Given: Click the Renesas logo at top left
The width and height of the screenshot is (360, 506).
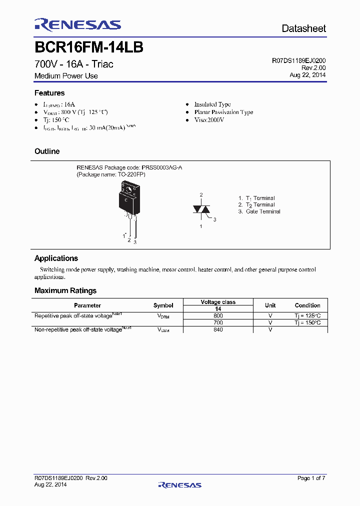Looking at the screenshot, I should click(x=77, y=25).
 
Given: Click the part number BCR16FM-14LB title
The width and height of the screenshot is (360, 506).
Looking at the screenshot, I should click(x=89, y=47).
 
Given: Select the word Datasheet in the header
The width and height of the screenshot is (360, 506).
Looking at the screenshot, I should click(x=303, y=28).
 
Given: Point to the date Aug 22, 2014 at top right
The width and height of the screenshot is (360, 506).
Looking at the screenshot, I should click(x=307, y=74).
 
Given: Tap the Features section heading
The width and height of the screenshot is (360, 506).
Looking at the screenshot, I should click(x=49, y=93).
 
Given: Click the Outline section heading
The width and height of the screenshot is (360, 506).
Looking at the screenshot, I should click(x=47, y=151).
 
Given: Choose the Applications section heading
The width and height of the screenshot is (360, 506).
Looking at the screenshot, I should click(x=56, y=258).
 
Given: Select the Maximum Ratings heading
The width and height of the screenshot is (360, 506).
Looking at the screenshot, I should click(x=65, y=291).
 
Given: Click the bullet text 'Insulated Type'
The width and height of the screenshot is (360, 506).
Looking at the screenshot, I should click(x=212, y=104).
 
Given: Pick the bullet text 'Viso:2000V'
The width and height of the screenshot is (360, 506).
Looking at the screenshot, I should click(x=209, y=120).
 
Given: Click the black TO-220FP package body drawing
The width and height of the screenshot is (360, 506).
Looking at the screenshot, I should click(x=129, y=198).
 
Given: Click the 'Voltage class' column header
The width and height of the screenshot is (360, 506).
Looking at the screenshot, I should click(x=218, y=302).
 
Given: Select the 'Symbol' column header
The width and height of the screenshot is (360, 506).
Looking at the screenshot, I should click(x=163, y=305).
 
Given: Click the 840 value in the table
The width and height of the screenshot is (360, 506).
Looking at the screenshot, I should click(x=218, y=329).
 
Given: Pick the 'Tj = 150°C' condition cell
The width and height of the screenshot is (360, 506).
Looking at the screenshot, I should click(x=307, y=323).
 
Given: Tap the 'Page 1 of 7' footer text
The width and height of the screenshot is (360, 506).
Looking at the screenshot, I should click(x=311, y=478).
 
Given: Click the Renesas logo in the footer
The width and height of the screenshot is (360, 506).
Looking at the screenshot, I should click(x=179, y=484).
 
